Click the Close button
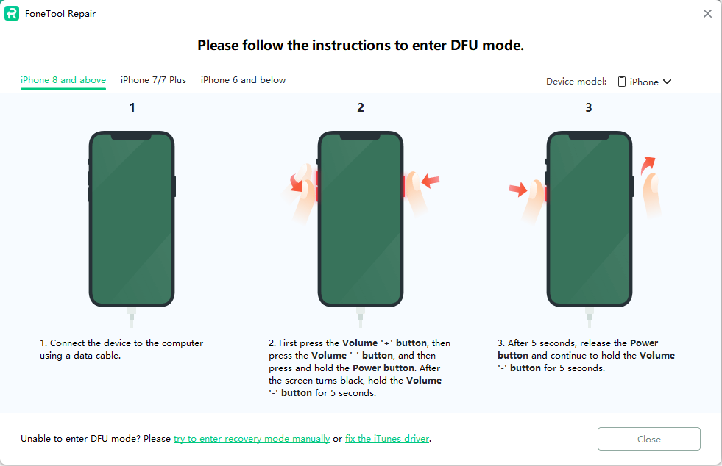point(649,439)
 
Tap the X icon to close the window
point(708,14)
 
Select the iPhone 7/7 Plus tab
point(153,80)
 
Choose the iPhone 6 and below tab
point(243,80)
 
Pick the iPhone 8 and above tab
point(63,80)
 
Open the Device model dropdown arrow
point(668,82)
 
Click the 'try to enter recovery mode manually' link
point(252,439)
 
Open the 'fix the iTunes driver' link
point(387,439)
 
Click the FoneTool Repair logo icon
point(12,13)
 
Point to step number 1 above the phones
point(132,107)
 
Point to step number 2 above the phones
point(361,107)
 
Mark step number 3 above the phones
point(589,107)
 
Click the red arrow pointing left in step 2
point(431,180)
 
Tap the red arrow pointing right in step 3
point(518,189)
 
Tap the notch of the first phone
point(132,137)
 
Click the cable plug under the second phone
point(361,318)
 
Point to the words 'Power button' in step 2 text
point(383,368)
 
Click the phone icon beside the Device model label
point(622,82)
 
